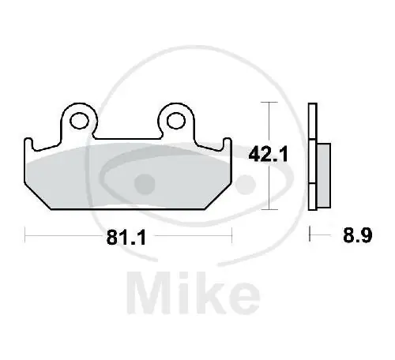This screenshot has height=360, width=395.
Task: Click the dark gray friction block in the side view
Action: point(325,170)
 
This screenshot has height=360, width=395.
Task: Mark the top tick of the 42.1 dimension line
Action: point(272,103)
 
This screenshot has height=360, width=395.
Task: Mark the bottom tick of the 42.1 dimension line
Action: point(272,209)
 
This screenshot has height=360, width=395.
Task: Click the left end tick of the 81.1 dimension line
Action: point(25,234)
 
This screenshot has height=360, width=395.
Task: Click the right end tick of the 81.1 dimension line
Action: point(231,234)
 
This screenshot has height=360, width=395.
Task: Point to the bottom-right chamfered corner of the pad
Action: point(220,201)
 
